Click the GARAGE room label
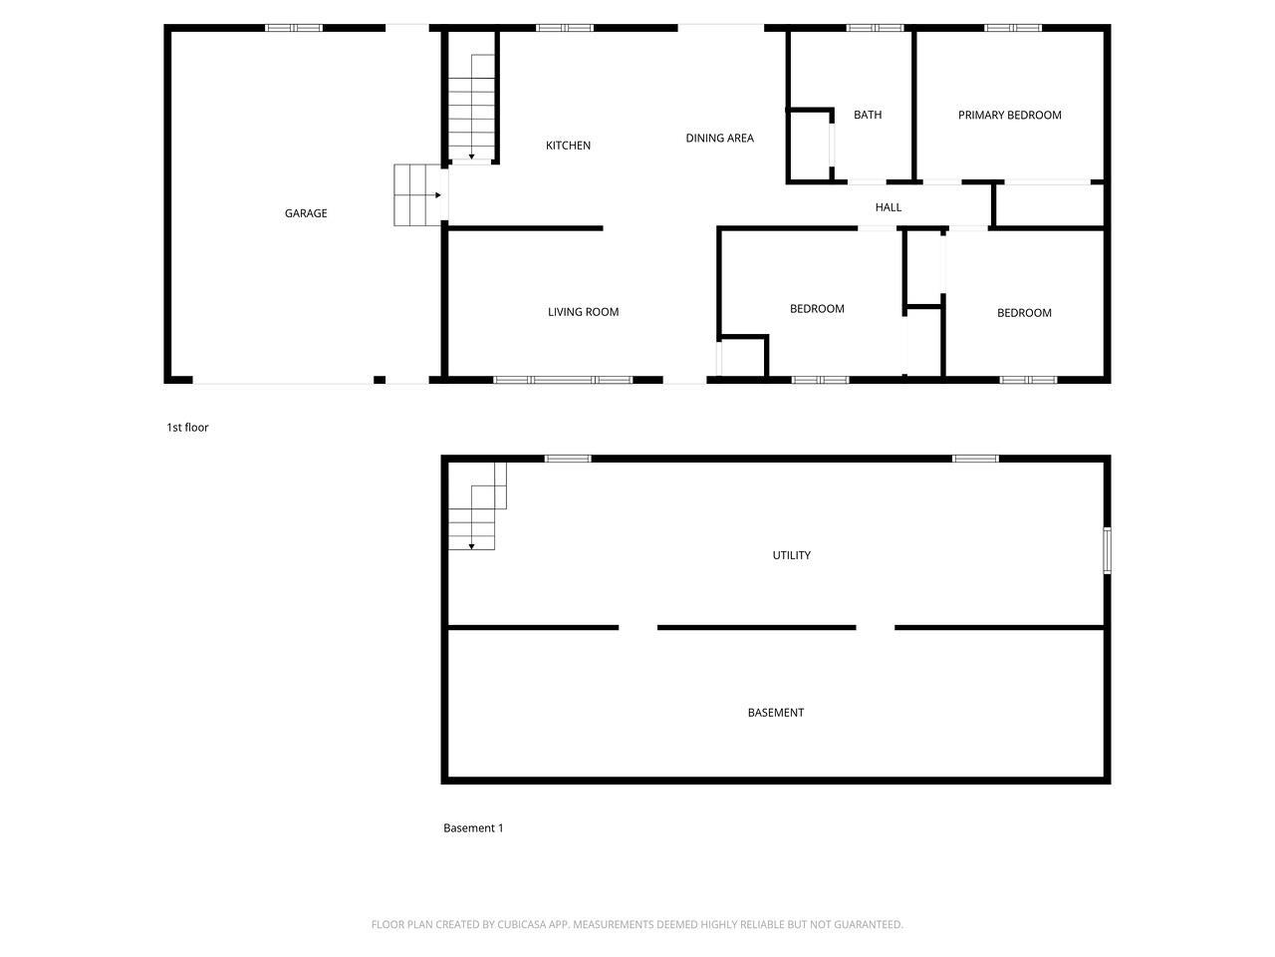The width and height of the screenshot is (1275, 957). (x=306, y=213)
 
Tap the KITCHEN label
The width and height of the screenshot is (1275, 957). (x=568, y=146)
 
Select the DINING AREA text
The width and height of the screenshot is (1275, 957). (x=719, y=139)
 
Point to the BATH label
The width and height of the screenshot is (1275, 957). (x=868, y=115)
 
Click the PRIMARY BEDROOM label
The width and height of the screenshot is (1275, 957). (x=1009, y=115)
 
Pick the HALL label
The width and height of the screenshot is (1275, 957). (x=888, y=207)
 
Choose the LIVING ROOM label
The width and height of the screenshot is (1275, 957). (x=583, y=312)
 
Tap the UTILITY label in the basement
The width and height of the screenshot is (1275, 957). (x=791, y=555)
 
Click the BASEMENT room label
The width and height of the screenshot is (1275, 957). (x=775, y=713)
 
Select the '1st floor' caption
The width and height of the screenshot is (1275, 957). (x=187, y=428)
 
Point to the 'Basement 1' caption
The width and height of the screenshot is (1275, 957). (x=473, y=828)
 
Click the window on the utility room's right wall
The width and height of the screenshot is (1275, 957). (x=1107, y=550)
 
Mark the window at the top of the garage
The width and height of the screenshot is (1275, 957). (x=294, y=28)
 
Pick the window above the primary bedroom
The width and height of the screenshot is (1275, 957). (x=1013, y=28)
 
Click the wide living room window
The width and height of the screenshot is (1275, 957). (x=563, y=380)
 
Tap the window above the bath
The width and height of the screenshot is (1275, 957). (x=875, y=28)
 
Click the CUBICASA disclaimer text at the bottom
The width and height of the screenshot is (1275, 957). (x=637, y=925)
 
